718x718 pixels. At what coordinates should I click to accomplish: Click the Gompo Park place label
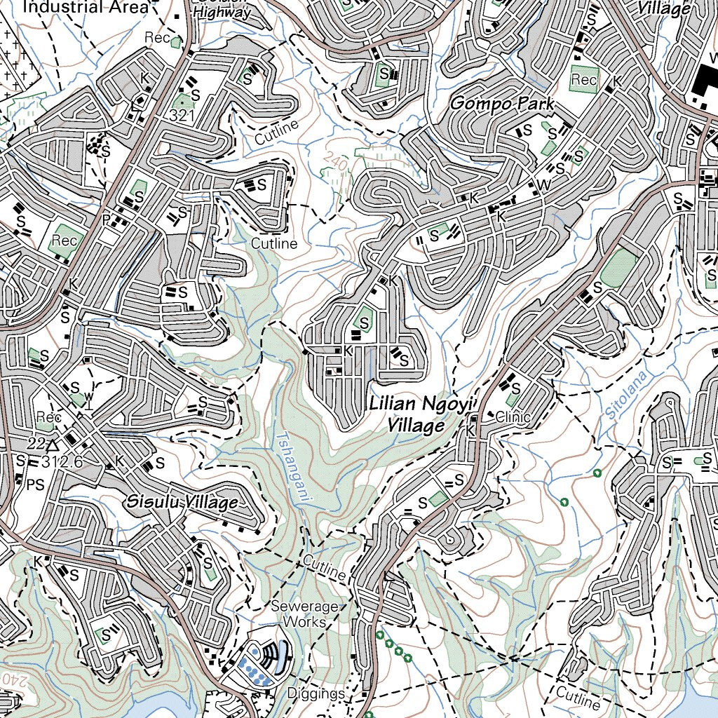point(501,104)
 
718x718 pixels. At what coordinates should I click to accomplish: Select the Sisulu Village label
point(182,503)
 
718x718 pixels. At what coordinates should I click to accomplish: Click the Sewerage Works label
point(305,614)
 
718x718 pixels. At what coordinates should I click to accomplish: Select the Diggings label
point(316,693)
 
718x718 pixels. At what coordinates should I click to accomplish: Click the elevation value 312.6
point(62,461)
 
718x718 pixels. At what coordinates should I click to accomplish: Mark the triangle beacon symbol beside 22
point(53,445)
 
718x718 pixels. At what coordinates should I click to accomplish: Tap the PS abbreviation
point(36,483)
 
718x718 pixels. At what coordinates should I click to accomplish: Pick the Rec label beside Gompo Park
point(583,80)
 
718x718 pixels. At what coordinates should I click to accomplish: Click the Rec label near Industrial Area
point(157,37)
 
